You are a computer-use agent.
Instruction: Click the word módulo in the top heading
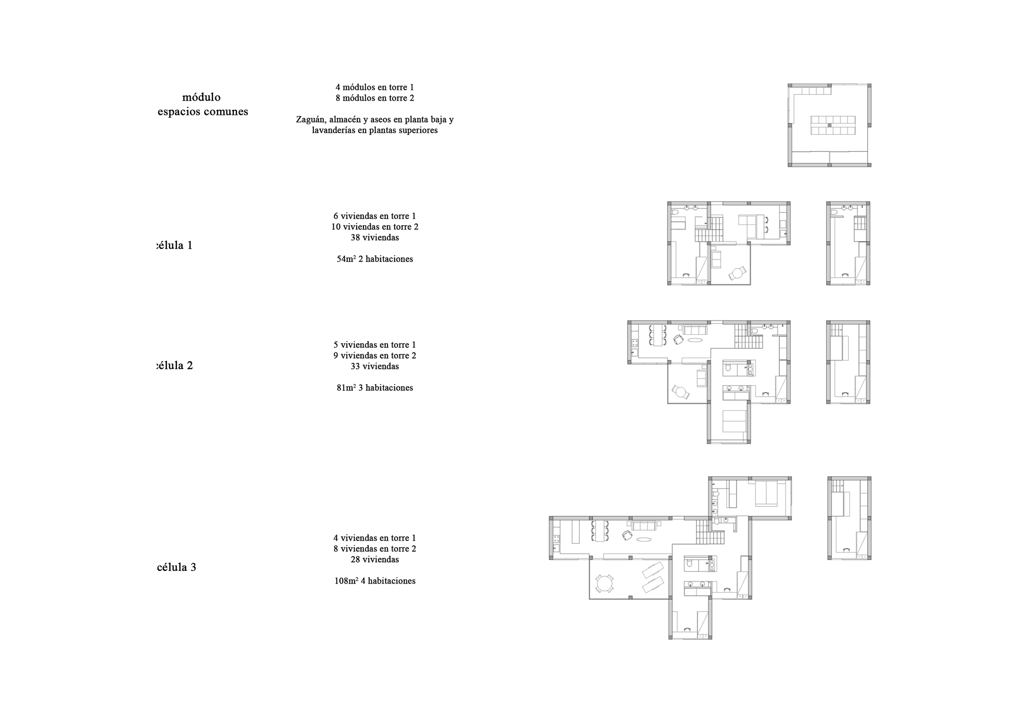tap(201, 97)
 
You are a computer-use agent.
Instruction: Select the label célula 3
tap(176, 567)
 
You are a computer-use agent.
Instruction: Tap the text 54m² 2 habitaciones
tap(375, 259)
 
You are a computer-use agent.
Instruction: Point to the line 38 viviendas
tap(375, 237)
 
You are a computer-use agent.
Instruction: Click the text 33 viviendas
tap(375, 366)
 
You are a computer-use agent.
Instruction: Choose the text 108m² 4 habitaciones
tap(375, 581)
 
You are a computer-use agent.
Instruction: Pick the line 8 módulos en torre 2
tap(375, 98)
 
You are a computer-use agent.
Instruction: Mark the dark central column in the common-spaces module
tap(829, 126)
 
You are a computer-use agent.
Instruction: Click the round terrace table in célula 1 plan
tap(737, 273)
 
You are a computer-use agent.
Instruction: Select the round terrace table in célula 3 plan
tap(604, 584)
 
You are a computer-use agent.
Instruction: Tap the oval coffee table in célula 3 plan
tap(643, 539)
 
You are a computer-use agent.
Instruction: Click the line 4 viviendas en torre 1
tap(375, 538)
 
